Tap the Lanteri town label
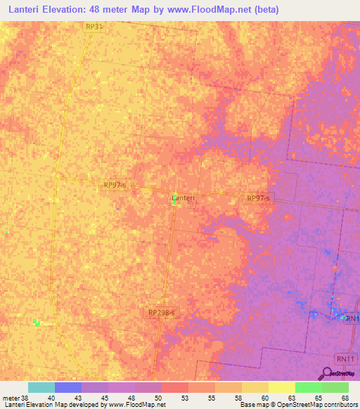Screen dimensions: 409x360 tap(183, 199)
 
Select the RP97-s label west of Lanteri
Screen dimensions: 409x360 tap(115, 186)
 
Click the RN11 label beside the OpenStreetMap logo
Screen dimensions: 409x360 tap(345, 358)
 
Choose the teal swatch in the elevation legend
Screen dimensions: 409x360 tap(41, 387)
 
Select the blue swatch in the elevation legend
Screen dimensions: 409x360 tap(68, 387)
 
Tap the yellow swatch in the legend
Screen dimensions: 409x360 tap(281, 387)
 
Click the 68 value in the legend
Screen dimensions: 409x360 tap(345, 398)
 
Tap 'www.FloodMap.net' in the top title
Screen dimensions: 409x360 tap(216, 10)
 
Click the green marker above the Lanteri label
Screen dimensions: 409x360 tap(174, 195)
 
